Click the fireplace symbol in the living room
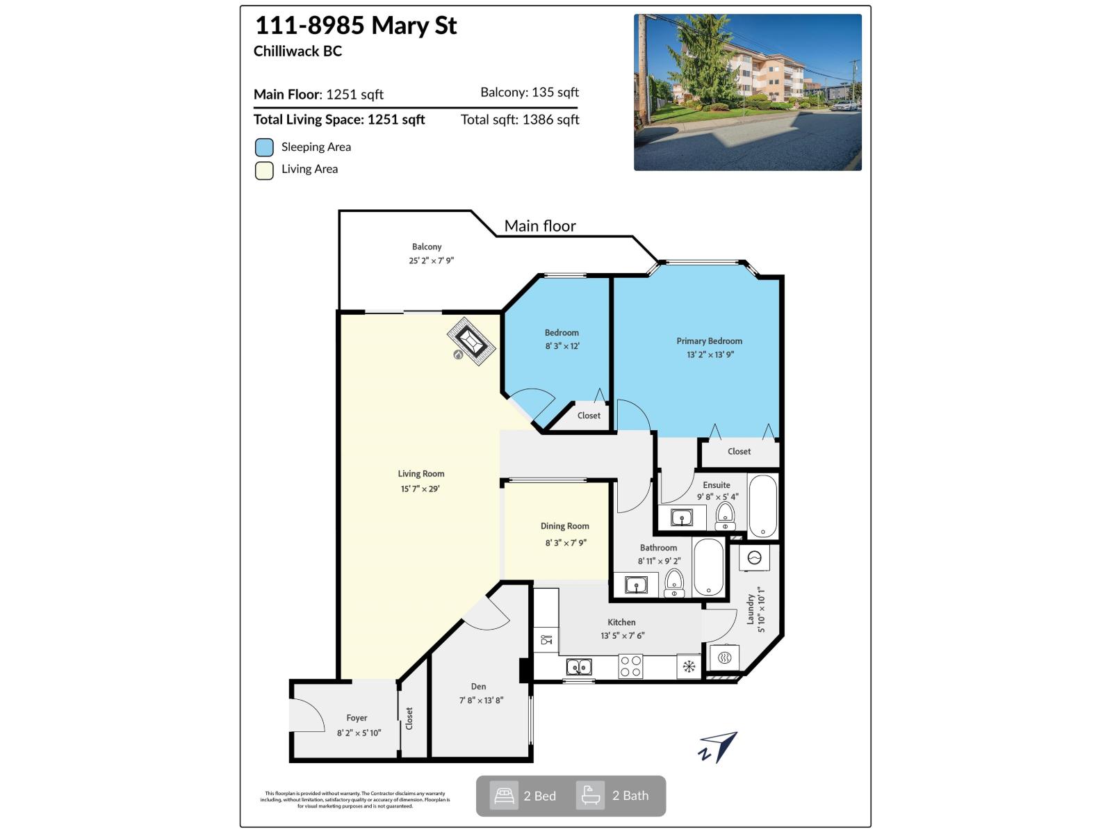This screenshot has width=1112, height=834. [x=471, y=341]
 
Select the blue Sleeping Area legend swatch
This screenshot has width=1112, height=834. [x=264, y=147]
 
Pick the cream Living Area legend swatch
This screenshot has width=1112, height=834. [x=264, y=170]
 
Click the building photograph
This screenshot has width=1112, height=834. [x=747, y=92]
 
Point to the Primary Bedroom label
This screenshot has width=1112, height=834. [x=709, y=341]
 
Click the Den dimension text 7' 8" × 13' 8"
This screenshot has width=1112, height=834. [x=480, y=701]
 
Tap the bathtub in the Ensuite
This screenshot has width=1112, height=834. [x=762, y=506]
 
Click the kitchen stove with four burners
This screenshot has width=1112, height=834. [x=630, y=667]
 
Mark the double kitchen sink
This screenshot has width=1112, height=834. [x=579, y=667]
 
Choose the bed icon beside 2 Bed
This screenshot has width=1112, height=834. [x=504, y=796]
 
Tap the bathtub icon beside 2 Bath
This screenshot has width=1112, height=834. [x=590, y=796]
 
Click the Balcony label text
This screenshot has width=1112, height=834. [x=426, y=247]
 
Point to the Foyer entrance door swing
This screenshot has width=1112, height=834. [x=307, y=716]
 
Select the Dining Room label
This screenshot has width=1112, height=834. [x=564, y=526]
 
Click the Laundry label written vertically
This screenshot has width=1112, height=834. [x=751, y=609]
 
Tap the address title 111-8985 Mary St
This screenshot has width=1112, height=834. [x=356, y=26]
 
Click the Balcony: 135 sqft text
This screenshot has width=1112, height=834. [x=529, y=92]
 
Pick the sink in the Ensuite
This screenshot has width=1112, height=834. [x=681, y=518]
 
